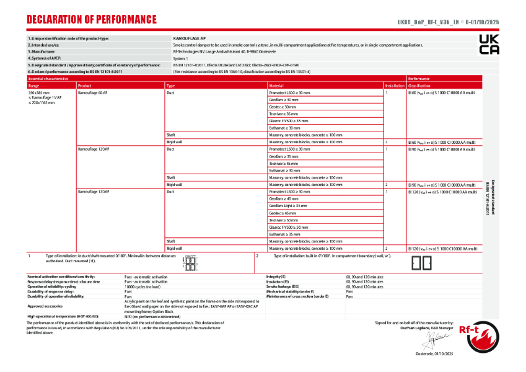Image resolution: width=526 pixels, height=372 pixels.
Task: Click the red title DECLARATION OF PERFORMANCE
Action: click(91, 20)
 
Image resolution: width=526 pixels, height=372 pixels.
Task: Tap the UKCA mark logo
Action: click(489, 45)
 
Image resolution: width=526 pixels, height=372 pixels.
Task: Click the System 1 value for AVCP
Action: click(180, 58)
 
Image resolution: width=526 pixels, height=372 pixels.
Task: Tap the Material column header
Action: click(277, 86)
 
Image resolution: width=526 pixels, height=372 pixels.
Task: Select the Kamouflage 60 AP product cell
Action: click(93, 93)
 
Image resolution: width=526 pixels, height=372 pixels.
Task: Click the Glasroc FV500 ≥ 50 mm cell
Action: click(289, 227)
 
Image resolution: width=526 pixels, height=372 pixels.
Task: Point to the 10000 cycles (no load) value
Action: click(144, 287)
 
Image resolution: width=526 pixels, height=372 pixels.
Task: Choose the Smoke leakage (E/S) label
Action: click(283, 287)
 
